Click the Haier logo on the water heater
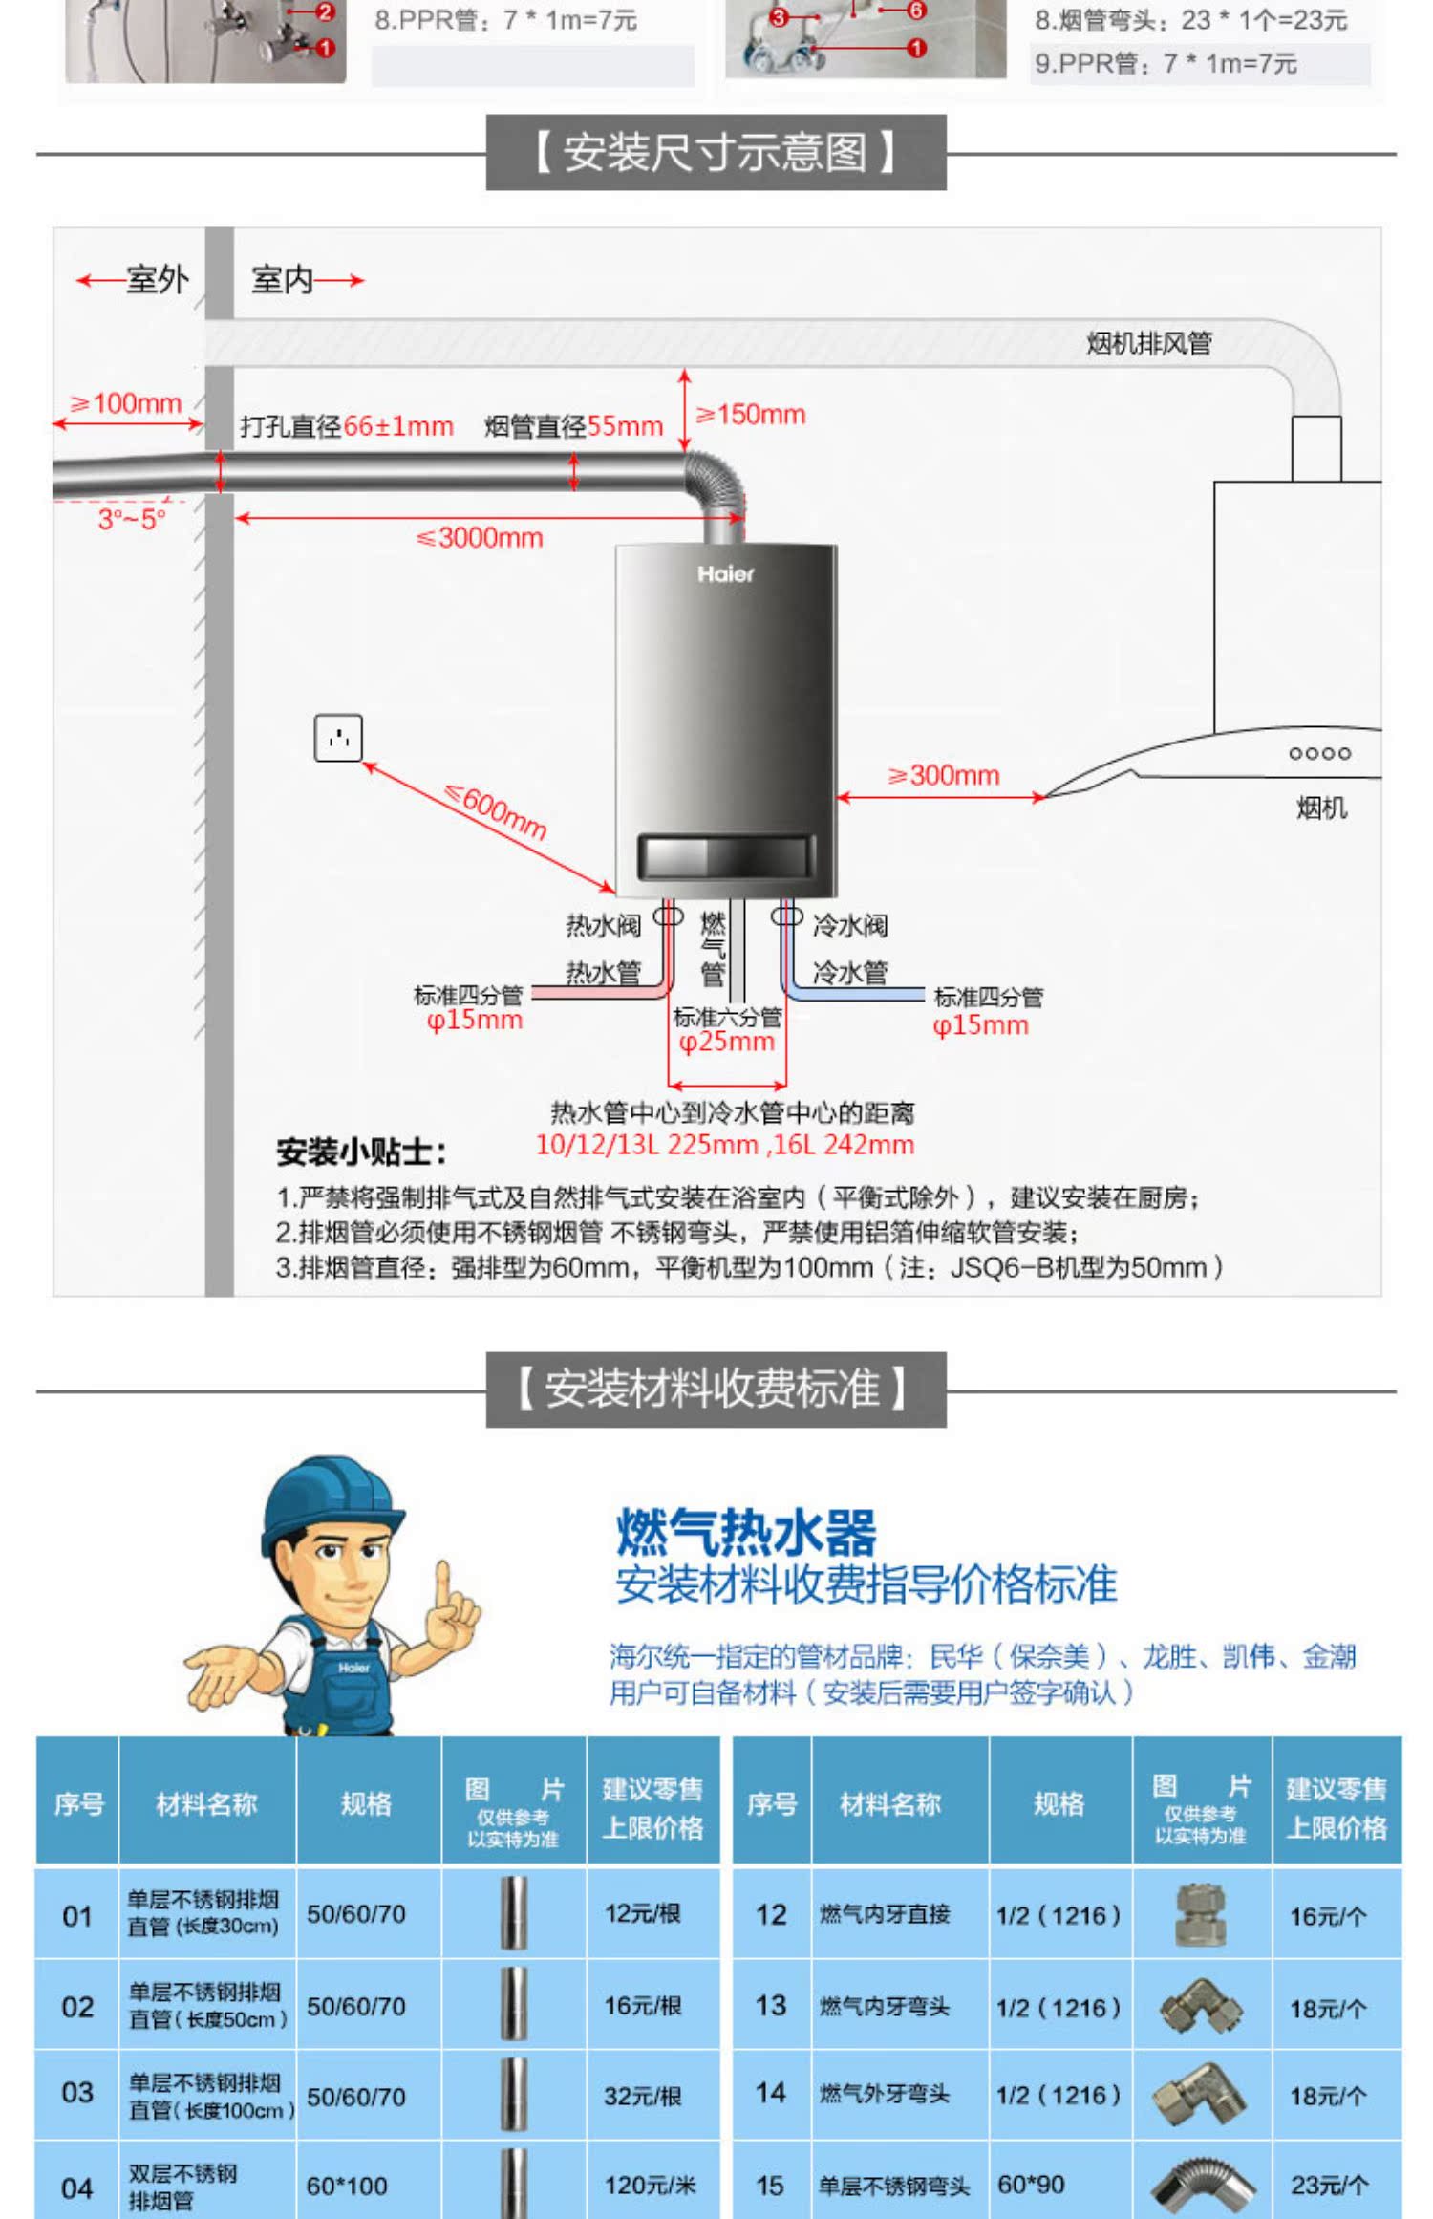tap(725, 573)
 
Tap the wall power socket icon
tap(338, 738)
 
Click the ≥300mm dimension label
tap(944, 775)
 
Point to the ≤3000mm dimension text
tap(481, 538)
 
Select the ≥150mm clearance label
tap(751, 415)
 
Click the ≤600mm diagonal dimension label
tap(497, 811)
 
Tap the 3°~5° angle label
tap(132, 519)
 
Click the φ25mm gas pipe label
tap(726, 1042)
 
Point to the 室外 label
tap(157, 280)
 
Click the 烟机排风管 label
tap(1148, 343)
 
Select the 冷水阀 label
tap(849, 925)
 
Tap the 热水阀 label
tap(603, 925)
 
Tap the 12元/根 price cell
tap(643, 1913)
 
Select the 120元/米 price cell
tap(650, 2185)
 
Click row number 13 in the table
tap(770, 2005)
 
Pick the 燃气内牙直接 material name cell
tap(885, 1914)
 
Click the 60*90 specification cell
tap(1031, 2185)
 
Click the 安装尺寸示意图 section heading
tap(716, 153)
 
